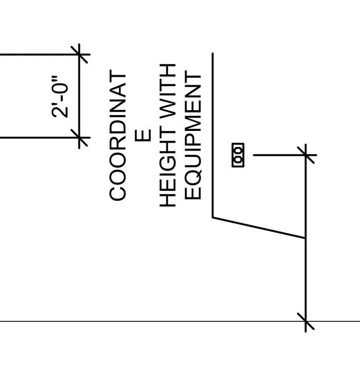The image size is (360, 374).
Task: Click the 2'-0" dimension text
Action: [60, 96]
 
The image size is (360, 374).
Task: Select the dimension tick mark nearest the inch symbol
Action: [79, 55]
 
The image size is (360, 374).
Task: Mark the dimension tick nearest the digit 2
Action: [79, 138]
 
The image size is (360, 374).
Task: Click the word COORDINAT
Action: [117, 135]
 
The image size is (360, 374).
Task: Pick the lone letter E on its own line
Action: [143, 135]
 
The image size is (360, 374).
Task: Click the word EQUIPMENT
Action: [193, 135]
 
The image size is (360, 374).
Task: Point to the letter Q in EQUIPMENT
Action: [193, 176]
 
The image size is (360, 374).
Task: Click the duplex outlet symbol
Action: [238, 155]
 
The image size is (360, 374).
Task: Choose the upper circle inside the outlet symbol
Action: [238, 151]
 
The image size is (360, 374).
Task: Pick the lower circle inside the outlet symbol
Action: [238, 159]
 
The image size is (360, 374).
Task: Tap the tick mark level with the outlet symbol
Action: [305, 155]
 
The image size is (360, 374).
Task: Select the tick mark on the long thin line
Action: [305, 321]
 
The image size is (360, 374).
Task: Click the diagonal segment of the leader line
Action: [259, 228]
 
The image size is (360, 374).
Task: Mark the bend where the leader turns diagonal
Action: [213, 218]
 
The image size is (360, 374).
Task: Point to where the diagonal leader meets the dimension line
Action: [305, 238]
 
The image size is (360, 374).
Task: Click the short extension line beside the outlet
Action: [285, 155]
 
